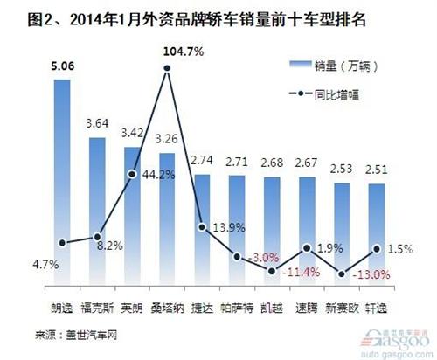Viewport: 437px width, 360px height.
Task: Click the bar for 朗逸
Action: (62, 175)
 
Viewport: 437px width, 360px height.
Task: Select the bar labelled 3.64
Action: (97, 210)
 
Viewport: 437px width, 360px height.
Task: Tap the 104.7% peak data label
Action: (184, 52)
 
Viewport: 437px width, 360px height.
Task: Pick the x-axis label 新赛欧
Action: (342, 309)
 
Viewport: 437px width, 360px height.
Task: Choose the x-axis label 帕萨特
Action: (237, 309)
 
